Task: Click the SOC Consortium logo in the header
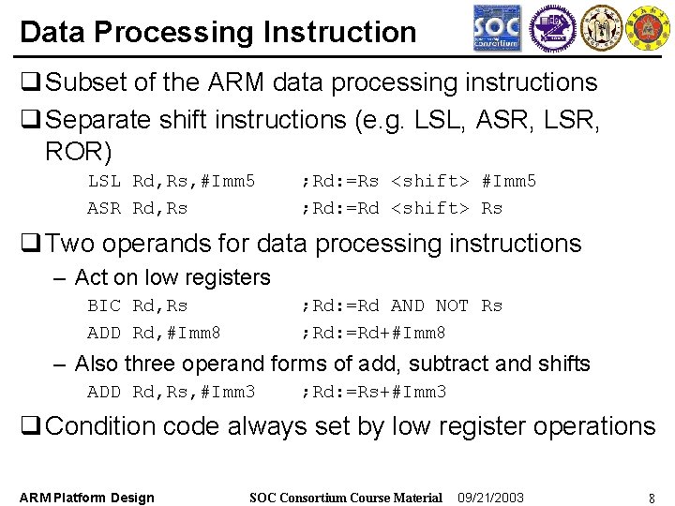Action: coord(497,28)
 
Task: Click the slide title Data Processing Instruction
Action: coord(217,32)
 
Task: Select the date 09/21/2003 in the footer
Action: coord(490,498)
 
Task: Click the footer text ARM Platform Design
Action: coord(87,498)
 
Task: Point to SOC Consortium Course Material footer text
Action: coord(346,498)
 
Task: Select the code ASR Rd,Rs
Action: coord(137,208)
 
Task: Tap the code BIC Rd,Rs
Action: coord(137,305)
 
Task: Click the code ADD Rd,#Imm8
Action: coord(154,333)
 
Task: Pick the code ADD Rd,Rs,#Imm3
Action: coord(171,392)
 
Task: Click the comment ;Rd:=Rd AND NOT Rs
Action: coord(401,305)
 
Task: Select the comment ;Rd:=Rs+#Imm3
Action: coord(373,392)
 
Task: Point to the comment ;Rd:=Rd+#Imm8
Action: coord(373,333)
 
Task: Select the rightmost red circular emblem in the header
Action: coord(647,28)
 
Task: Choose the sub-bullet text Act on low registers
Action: coord(172,277)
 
